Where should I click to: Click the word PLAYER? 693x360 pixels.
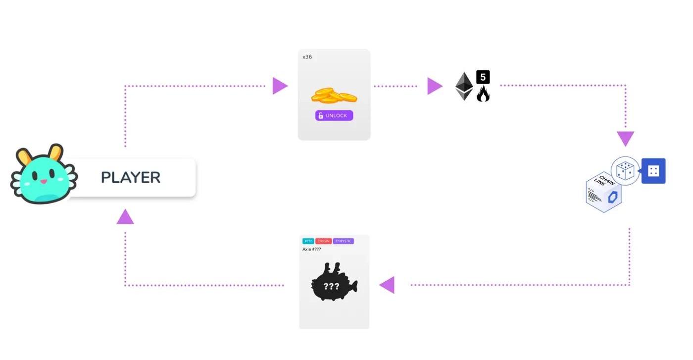point(131,177)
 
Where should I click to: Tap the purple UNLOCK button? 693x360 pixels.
point(334,116)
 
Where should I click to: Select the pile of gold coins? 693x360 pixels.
point(334,95)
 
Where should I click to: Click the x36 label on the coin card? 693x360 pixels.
point(307,57)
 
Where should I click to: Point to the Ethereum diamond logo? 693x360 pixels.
point(464,86)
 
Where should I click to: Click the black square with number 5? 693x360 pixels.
point(483,77)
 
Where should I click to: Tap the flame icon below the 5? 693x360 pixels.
point(483,94)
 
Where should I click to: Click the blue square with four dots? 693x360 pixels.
point(653,171)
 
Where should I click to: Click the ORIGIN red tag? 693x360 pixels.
point(323,241)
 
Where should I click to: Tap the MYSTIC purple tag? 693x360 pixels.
point(344,241)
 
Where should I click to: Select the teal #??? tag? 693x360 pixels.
point(308,241)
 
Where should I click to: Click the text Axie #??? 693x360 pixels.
point(312,249)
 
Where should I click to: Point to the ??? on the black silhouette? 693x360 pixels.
point(331,286)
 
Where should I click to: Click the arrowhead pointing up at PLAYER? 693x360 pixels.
point(125,217)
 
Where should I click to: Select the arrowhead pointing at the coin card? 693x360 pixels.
point(279,86)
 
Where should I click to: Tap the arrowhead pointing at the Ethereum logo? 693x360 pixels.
point(434,86)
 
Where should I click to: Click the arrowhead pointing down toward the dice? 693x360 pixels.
point(626,138)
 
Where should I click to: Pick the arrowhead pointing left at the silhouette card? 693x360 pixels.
point(388,285)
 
